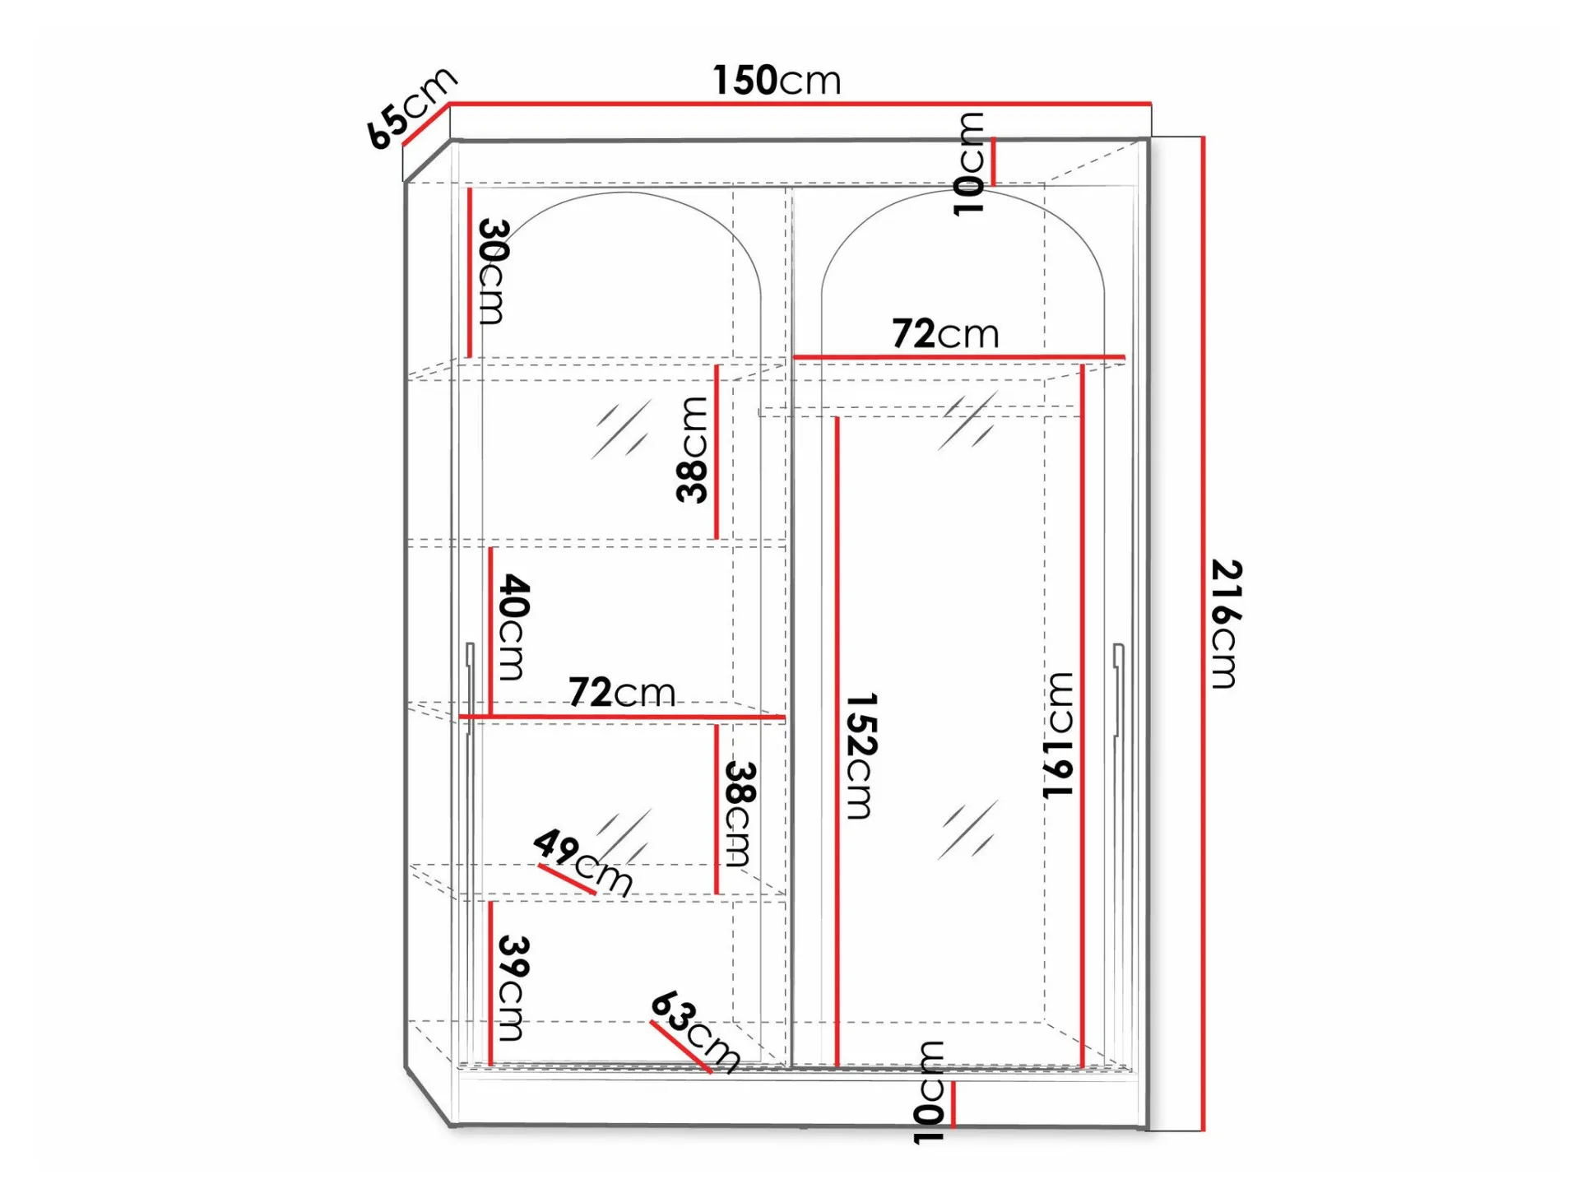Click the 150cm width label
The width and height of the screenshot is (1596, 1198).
(x=777, y=81)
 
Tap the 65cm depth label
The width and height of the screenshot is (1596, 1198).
(x=411, y=106)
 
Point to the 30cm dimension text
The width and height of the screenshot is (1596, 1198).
(x=492, y=272)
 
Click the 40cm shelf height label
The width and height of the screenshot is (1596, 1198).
(x=513, y=627)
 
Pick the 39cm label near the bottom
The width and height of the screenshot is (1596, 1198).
(x=512, y=987)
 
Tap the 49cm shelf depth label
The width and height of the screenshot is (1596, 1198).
(x=582, y=861)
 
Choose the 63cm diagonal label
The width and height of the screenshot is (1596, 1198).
(x=696, y=1032)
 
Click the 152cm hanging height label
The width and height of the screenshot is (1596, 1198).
(x=861, y=755)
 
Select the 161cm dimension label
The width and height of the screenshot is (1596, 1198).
(x=1058, y=734)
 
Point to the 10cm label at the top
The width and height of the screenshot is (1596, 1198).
(x=968, y=164)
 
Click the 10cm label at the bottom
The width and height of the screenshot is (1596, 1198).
(x=929, y=1092)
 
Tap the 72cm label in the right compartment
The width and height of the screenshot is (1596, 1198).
(x=945, y=334)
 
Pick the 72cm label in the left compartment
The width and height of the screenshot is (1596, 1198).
(x=621, y=693)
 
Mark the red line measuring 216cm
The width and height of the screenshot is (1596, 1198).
(x=1203, y=634)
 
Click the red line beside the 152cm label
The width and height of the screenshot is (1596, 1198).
(x=837, y=741)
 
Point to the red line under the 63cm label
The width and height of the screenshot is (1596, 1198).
(x=680, y=1047)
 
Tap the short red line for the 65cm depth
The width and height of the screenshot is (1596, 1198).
(x=426, y=124)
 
